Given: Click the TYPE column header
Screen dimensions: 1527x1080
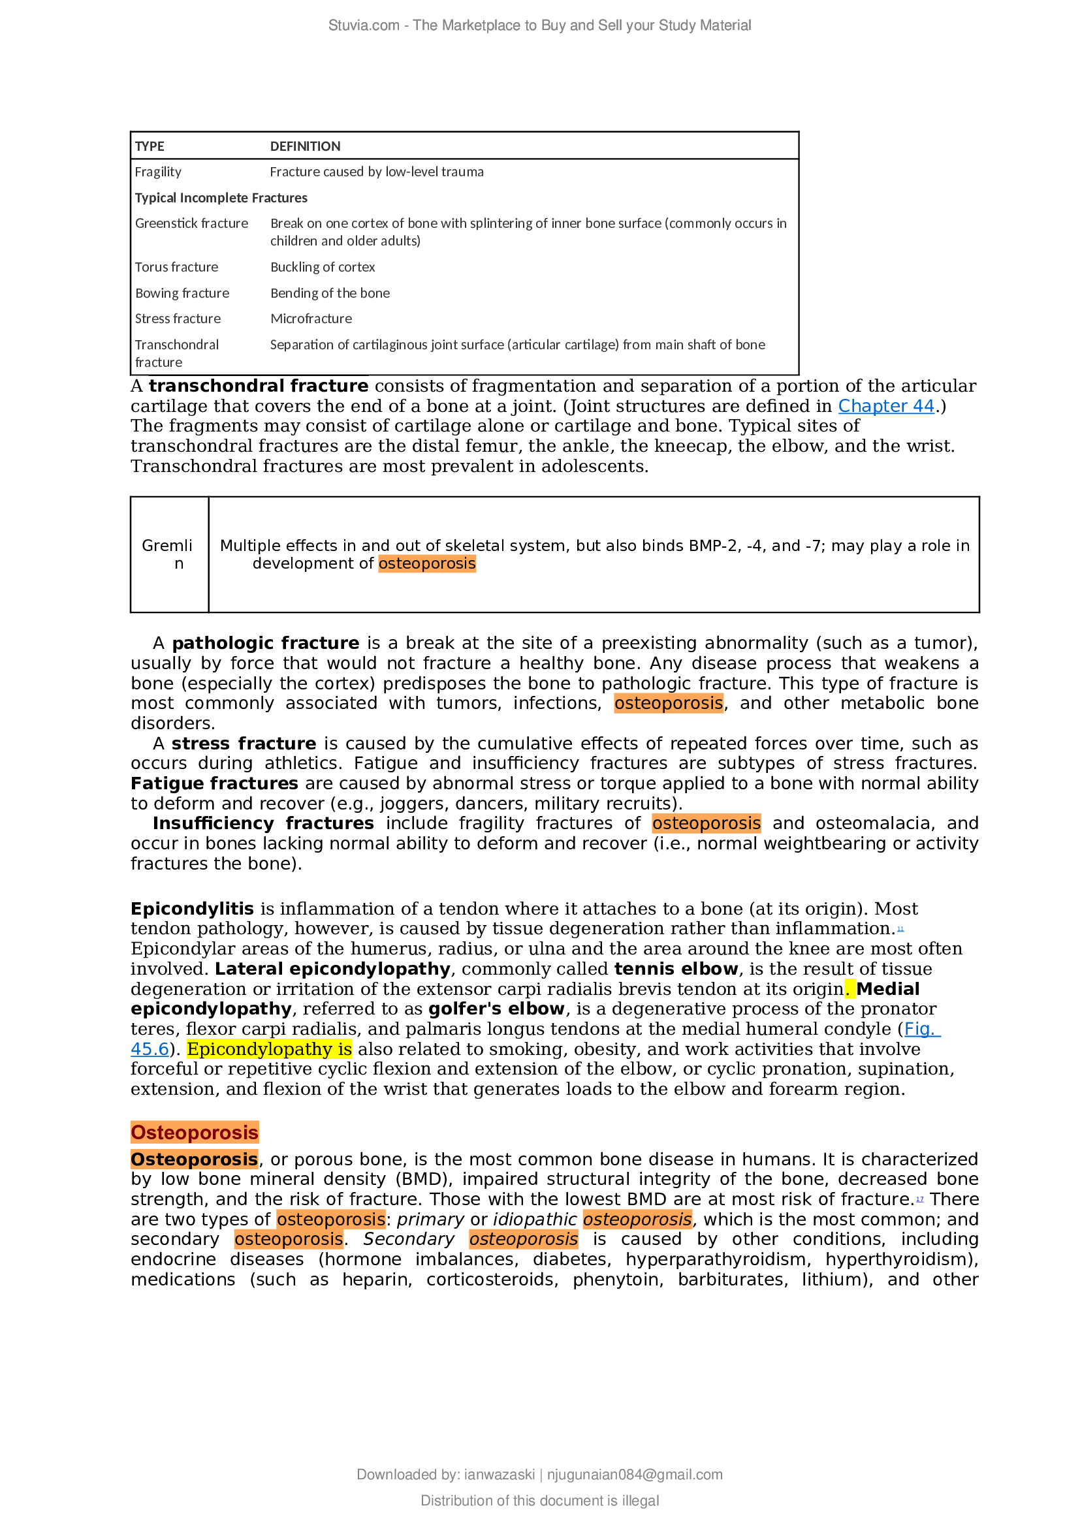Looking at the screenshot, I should [x=150, y=146].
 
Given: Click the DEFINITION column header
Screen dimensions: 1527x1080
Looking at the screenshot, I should [x=305, y=146].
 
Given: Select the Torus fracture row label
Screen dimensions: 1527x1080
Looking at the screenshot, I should [x=176, y=268].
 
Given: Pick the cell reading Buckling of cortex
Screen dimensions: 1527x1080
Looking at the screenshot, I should [x=323, y=268].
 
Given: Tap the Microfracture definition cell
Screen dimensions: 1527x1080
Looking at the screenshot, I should [x=311, y=319].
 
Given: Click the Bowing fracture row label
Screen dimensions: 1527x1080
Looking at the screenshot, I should [x=182, y=293].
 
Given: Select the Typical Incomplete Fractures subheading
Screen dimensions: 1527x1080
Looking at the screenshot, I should [x=221, y=198].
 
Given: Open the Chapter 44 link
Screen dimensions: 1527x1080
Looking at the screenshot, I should [x=886, y=406].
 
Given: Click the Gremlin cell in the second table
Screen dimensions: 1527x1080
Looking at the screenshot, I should [x=168, y=555].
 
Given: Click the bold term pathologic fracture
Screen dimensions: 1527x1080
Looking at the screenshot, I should [x=265, y=643].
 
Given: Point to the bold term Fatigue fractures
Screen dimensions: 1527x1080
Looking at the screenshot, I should [x=214, y=783].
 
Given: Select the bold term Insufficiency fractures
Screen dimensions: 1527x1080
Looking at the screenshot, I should [x=263, y=823].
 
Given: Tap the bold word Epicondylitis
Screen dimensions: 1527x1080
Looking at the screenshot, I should [x=192, y=909].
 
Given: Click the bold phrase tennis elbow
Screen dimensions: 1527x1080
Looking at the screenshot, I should [x=676, y=969].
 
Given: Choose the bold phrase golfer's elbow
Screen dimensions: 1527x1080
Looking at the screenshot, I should [x=496, y=1009].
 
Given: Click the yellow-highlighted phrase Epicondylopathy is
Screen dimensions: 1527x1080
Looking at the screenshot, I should [x=269, y=1050].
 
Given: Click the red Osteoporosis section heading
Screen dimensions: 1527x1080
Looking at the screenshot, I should [x=194, y=1133].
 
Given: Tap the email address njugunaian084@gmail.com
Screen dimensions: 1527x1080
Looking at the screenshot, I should [x=635, y=1475].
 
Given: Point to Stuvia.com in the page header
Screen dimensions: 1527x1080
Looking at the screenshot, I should [x=364, y=26].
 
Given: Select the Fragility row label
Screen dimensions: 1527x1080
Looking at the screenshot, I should [x=158, y=172].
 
